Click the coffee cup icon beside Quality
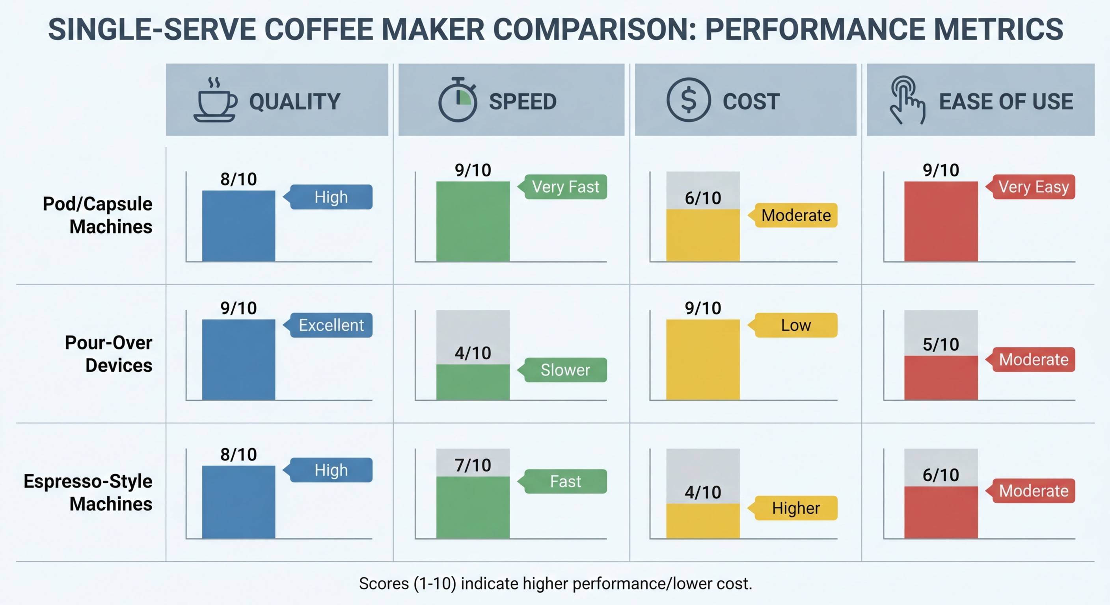(215, 100)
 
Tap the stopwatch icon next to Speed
(458, 100)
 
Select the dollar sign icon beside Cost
(688, 100)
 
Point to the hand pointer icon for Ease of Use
(907, 100)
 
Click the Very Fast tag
(565, 187)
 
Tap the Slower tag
(565, 370)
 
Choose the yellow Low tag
(795, 325)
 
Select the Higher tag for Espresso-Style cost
(795, 508)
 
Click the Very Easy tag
(1033, 187)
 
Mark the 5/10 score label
(941, 345)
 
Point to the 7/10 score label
(473, 465)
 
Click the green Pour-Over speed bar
(473, 382)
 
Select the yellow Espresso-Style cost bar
(703, 521)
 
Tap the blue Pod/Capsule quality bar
(238, 226)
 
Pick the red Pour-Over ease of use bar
(941, 378)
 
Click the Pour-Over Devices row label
(108, 354)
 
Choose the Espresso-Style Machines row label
(88, 492)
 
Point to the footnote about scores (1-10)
(555, 583)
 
